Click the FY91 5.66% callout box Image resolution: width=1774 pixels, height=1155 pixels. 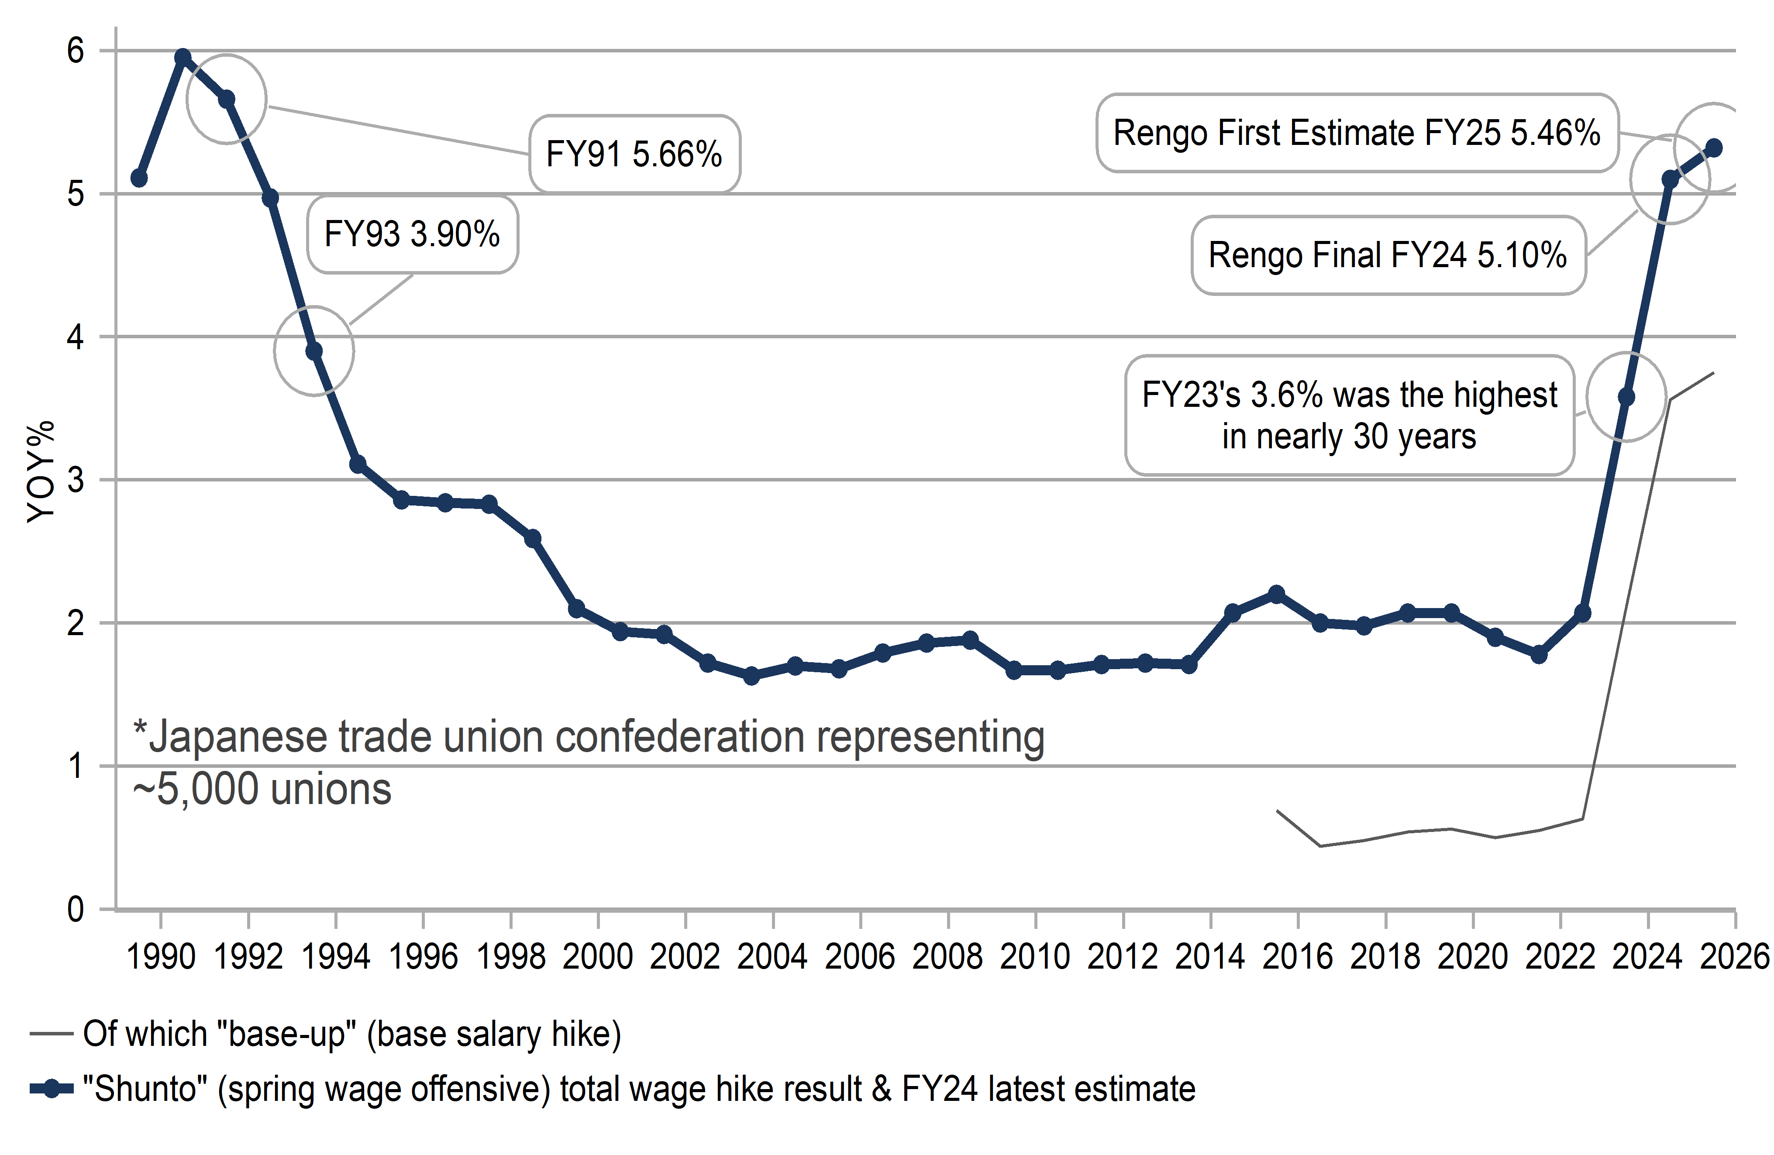point(634,154)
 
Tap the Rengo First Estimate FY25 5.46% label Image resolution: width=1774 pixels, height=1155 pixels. point(1357,134)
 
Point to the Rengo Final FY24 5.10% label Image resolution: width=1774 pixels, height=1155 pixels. point(1388,255)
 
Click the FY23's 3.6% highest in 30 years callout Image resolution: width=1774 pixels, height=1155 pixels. point(1349,415)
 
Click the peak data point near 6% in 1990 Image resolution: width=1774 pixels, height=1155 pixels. point(183,57)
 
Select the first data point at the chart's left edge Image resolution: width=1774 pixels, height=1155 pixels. point(139,178)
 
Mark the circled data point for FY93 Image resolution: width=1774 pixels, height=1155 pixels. point(314,350)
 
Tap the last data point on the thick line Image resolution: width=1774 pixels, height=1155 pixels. point(1714,148)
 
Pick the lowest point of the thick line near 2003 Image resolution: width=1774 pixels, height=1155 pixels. point(751,676)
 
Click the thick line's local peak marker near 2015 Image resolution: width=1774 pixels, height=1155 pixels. point(1276,594)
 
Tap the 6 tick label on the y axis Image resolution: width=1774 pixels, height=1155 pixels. point(75,51)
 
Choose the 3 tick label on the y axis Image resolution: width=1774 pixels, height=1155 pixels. point(75,480)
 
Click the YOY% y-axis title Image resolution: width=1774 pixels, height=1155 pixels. point(41,472)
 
